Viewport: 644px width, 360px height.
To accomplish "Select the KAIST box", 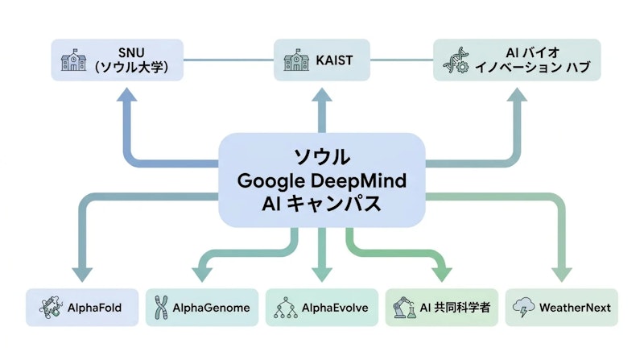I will pyautogui.click(x=322, y=60).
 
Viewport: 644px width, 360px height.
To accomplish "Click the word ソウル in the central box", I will pyautogui.click(x=322, y=155).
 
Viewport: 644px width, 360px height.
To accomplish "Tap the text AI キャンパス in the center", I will pyautogui.click(x=322, y=205).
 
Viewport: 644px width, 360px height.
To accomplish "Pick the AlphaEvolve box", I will pyautogui.click(x=322, y=307).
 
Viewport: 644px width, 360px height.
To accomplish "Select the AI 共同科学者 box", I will pyautogui.click(x=442, y=307).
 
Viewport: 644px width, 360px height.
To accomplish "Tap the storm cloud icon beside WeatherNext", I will pyautogui.click(x=523, y=307).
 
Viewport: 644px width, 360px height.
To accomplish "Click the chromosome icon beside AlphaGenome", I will pyautogui.click(x=161, y=307).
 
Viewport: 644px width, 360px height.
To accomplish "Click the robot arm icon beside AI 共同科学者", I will pyautogui.click(x=401, y=307).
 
